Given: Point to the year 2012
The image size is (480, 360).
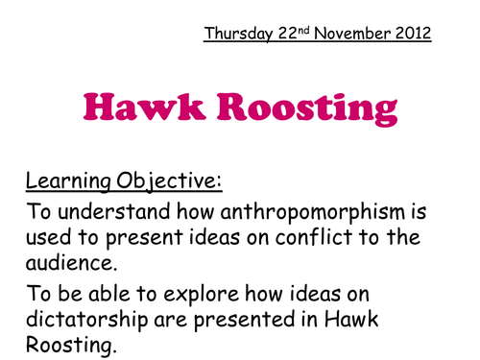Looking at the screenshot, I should tap(412, 35).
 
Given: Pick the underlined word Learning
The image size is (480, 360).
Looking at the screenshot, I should tap(68, 180).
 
